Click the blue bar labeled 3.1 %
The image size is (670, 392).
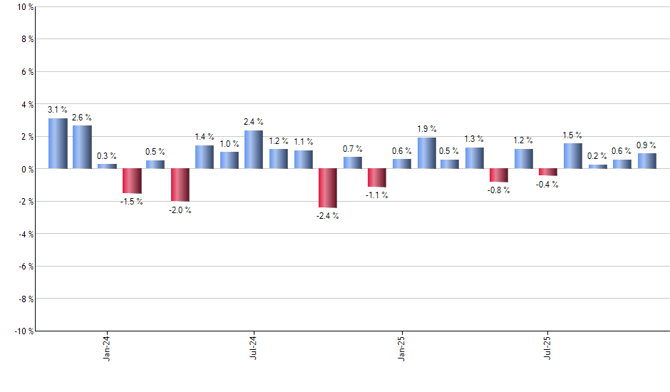(x=58, y=143)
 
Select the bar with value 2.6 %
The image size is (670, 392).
(x=82, y=147)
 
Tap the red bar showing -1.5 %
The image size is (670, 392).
(x=131, y=181)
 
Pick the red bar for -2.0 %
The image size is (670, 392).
(x=180, y=185)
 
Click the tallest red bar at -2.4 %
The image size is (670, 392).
(x=327, y=188)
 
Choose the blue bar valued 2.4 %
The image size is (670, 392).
(x=254, y=149)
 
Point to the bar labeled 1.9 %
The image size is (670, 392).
(x=426, y=153)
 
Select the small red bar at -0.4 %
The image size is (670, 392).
(x=548, y=172)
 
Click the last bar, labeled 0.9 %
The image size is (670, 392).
(x=646, y=161)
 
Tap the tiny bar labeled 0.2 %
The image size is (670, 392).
(x=597, y=167)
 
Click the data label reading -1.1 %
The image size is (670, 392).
(x=377, y=195)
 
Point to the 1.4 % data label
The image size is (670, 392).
(x=205, y=136)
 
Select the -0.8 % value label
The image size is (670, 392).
(x=499, y=190)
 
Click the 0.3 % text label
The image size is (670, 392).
(x=107, y=155)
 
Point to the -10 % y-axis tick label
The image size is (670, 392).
(x=22, y=331)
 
